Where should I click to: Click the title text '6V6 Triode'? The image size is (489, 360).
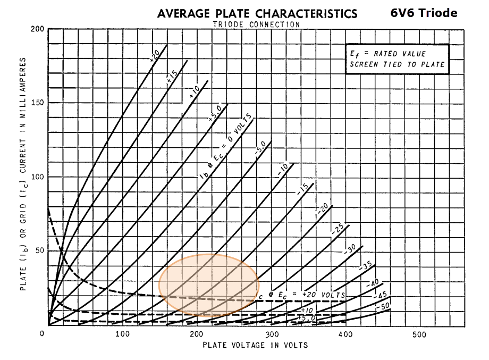coord(423,13)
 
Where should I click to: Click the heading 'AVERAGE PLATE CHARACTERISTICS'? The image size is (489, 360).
coord(257,13)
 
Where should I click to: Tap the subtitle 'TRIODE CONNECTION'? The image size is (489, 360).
coord(256,24)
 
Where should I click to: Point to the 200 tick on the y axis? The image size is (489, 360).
coord(36,29)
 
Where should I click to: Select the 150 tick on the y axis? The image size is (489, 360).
coord(36,103)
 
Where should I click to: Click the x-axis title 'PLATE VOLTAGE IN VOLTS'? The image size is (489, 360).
coord(255,345)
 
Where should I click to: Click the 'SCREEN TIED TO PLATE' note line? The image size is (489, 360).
coord(397,64)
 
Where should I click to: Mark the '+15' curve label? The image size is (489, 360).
coord(172,76)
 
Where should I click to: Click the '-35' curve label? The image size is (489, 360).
coord(366,264)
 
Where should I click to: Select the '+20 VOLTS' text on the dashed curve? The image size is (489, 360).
coord(325,294)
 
